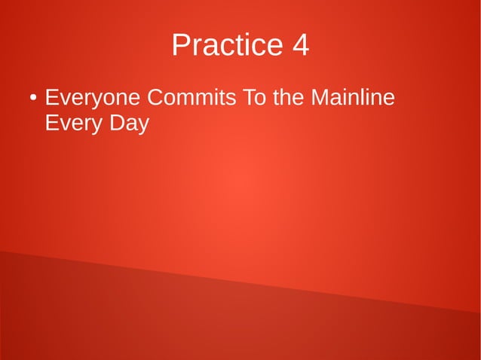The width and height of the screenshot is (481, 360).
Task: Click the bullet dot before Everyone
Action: point(33,99)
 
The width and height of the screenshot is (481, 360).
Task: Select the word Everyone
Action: point(93,99)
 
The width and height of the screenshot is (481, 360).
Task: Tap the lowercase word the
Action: point(290,99)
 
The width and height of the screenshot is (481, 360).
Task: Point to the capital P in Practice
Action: point(180,46)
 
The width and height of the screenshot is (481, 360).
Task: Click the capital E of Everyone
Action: point(52,99)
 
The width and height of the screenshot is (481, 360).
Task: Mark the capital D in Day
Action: point(115,123)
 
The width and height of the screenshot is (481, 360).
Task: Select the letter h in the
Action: point(290,99)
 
